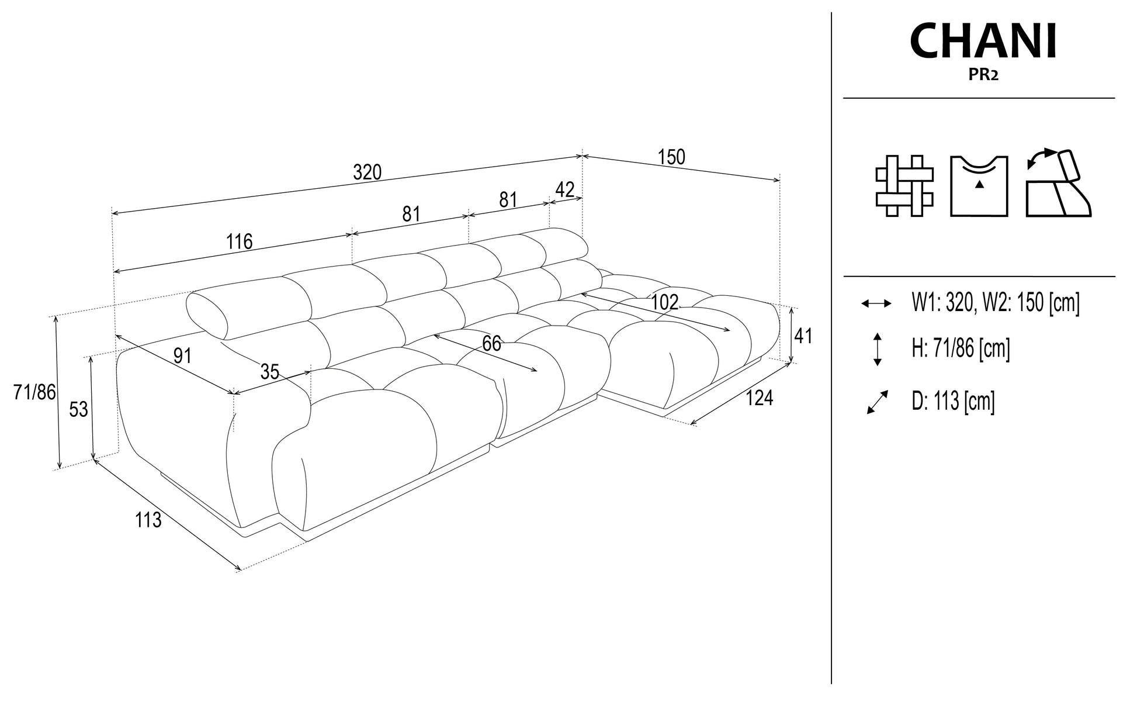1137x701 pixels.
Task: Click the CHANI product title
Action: point(983,42)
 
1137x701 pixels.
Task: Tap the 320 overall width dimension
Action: point(368,172)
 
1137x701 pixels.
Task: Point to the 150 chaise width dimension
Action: point(671,157)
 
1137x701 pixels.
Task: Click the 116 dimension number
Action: point(240,241)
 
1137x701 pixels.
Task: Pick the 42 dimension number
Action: point(564,189)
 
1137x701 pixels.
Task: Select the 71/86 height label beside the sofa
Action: point(34,392)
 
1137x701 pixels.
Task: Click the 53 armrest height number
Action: point(78,409)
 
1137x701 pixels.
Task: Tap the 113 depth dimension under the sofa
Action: point(148,519)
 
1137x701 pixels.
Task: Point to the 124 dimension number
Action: point(760,398)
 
